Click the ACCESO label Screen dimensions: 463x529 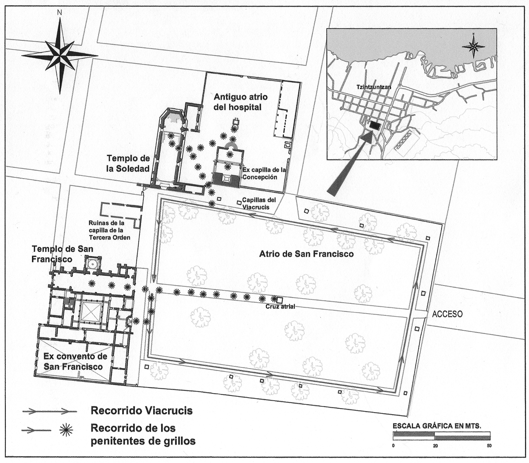pyautogui.click(x=447, y=314)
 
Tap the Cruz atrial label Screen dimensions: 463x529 pyautogui.click(x=280, y=306)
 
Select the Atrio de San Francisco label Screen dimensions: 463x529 pyautogui.click(x=306, y=254)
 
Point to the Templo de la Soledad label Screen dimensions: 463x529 pyautogui.click(x=128, y=163)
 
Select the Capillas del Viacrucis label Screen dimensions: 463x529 pyautogui.click(x=259, y=203)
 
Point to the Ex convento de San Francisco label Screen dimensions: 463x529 pyautogui.click(x=75, y=361)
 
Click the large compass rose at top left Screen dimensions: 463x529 pyautogui.click(x=59, y=54)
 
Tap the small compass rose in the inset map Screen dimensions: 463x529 pyautogui.click(x=474, y=46)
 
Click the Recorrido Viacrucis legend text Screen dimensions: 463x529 pyautogui.click(x=141, y=410)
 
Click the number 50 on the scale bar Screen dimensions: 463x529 pyautogui.click(x=489, y=446)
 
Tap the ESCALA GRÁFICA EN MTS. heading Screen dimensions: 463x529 pyautogui.click(x=437, y=426)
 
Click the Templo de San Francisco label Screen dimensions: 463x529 pyautogui.click(x=63, y=254)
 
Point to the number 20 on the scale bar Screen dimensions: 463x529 pyautogui.click(x=435, y=446)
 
